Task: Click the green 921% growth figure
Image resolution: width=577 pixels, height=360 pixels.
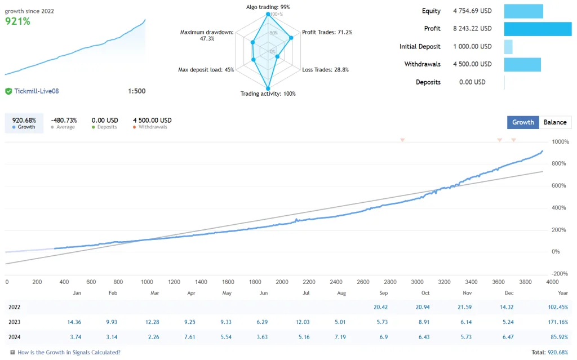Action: (18, 21)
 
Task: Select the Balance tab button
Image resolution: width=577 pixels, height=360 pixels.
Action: (555, 122)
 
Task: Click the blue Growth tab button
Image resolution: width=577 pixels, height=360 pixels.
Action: (523, 122)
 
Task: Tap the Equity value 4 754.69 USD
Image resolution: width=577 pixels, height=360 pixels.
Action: (472, 11)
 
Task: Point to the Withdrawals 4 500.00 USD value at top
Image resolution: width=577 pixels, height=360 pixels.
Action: (472, 64)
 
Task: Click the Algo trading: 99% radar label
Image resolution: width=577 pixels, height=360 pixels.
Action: (268, 7)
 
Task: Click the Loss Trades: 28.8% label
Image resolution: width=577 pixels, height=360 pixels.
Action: (326, 70)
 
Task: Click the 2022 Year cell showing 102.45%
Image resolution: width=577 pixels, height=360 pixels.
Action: (557, 307)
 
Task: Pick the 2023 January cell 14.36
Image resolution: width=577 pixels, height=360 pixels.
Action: (74, 322)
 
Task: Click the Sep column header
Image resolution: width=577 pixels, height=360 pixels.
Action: (384, 293)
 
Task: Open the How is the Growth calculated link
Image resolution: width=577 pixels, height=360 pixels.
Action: (69, 353)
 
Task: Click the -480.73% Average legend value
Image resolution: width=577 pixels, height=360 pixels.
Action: (64, 120)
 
